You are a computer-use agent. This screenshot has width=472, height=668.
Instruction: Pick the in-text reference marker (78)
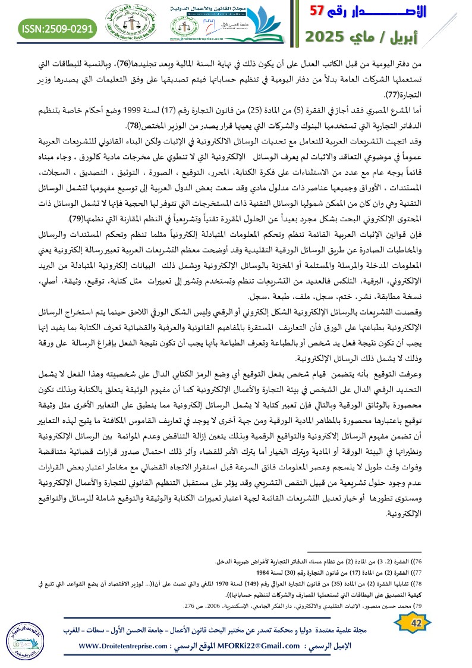136,126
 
